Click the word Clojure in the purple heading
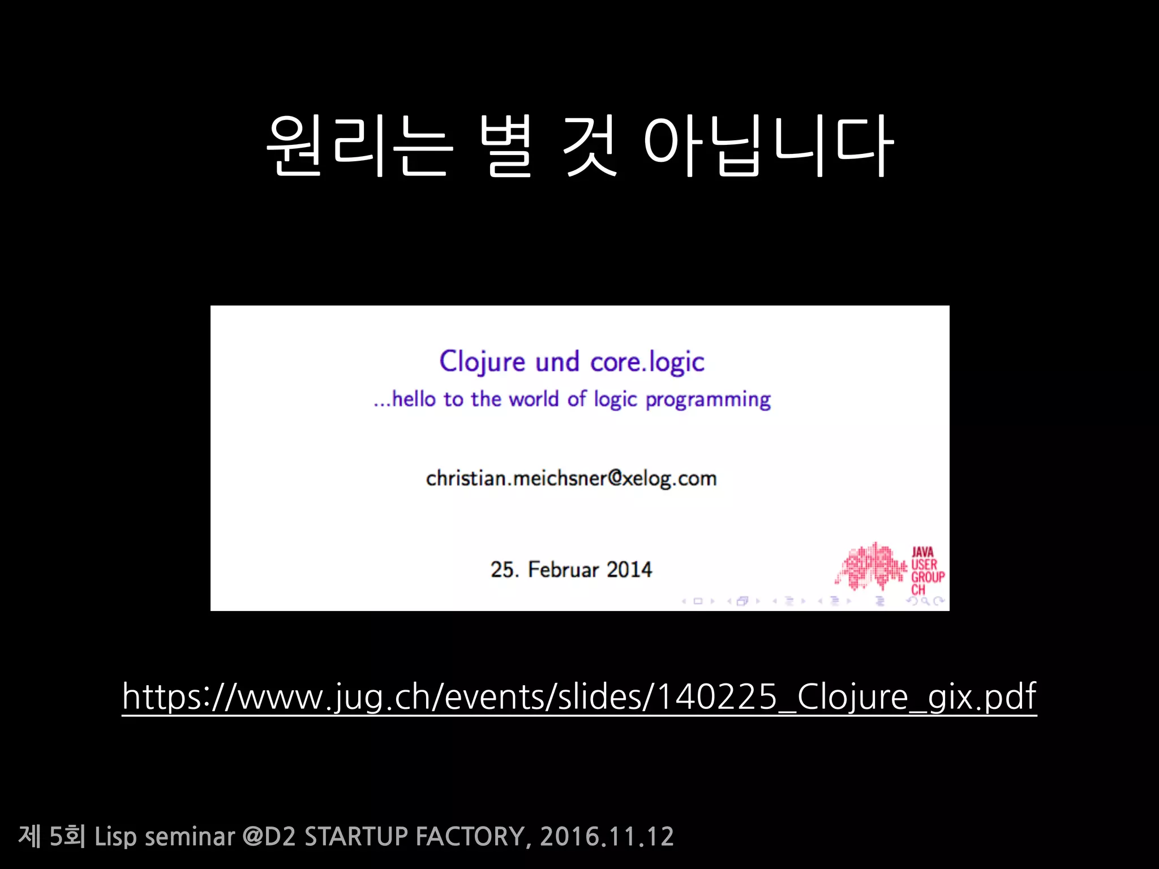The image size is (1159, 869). (x=482, y=362)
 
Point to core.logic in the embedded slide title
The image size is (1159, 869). (x=647, y=362)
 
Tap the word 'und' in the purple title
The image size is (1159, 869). (x=557, y=362)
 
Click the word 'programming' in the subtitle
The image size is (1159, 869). (x=708, y=399)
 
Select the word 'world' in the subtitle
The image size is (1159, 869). (x=534, y=399)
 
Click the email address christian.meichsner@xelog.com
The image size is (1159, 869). (x=571, y=479)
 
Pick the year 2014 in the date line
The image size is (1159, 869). (x=629, y=570)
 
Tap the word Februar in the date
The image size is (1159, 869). (x=563, y=570)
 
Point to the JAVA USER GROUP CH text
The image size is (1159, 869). (x=926, y=570)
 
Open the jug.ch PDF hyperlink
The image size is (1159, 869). (x=579, y=697)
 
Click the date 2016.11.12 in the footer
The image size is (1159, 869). (x=607, y=837)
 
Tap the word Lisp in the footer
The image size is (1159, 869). (x=115, y=837)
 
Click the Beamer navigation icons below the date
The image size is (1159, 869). (x=813, y=601)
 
